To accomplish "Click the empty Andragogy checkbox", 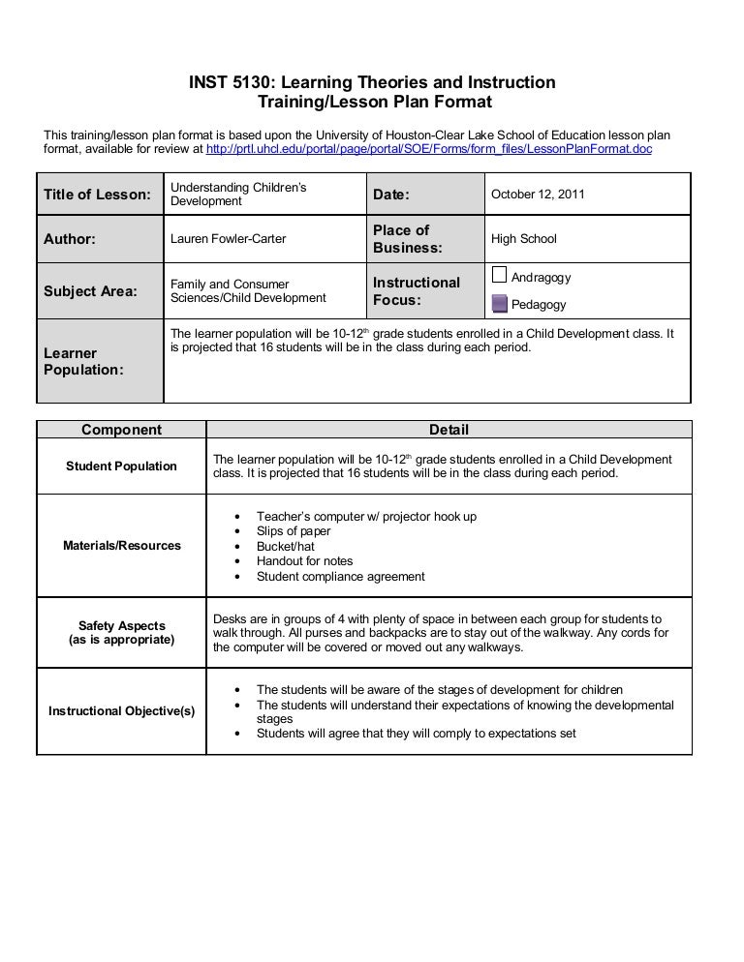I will [499, 275].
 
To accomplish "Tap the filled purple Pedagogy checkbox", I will [499, 304].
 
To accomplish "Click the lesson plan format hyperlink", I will [429, 151].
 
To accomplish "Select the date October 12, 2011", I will [537, 195].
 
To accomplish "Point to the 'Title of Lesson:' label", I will [97, 195].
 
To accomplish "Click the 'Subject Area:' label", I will [90, 291].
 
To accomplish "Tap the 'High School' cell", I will [523, 239].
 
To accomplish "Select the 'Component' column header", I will [121, 430].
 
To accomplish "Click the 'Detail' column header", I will [449, 430].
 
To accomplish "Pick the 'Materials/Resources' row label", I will [121, 546].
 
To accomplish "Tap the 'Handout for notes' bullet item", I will [304, 561].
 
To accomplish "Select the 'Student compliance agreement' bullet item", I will [340, 577].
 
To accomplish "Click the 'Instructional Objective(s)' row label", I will [121, 711].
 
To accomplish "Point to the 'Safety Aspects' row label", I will [121, 626].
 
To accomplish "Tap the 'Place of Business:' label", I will [407, 239].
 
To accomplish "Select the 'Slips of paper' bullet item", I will [294, 531].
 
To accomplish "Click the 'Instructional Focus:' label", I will [416, 291].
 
